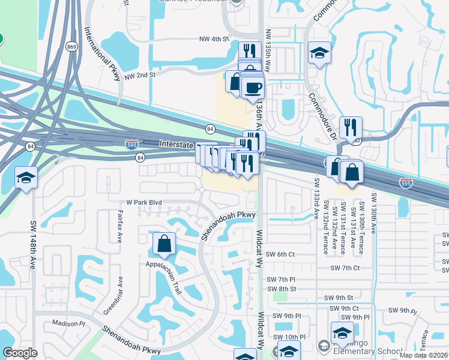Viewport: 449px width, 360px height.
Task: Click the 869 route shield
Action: [72, 47]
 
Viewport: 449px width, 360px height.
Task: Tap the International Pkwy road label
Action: [100, 50]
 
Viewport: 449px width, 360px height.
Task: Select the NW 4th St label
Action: [214, 39]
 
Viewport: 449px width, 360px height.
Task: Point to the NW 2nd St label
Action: [140, 76]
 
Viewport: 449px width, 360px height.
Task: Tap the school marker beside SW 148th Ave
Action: [25, 178]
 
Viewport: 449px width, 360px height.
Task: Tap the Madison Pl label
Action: [70, 323]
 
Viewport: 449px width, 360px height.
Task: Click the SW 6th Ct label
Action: [282, 254]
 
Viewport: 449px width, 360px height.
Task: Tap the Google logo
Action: [20, 353]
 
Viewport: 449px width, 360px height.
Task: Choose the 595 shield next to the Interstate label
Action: [131, 144]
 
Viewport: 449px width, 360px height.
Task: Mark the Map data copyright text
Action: [424, 355]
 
